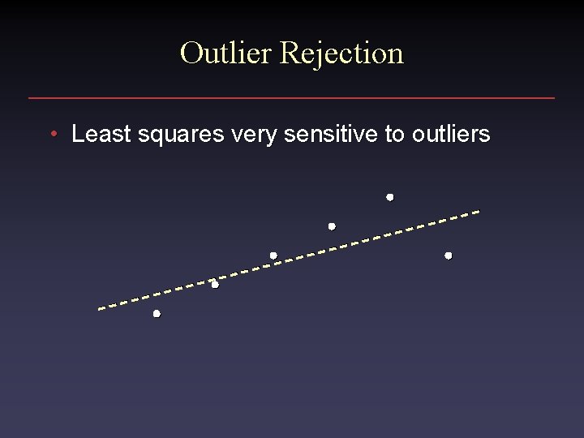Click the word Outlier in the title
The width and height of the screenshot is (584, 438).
pyautogui.click(x=226, y=53)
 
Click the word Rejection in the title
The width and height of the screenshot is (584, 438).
pyautogui.click(x=341, y=53)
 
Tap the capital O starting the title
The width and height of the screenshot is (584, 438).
pyautogui.click(x=191, y=53)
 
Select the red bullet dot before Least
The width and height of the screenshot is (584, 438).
pyautogui.click(x=52, y=134)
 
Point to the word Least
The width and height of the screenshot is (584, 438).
pyautogui.click(x=101, y=134)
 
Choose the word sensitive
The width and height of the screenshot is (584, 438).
pyautogui.click(x=333, y=134)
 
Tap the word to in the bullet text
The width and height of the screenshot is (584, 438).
pyautogui.click(x=395, y=134)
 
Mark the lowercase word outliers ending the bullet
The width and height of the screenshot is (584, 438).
pyautogui.click(x=451, y=134)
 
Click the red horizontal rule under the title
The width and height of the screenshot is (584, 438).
pyautogui.click(x=292, y=98)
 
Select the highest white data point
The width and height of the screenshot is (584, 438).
pyautogui.click(x=390, y=197)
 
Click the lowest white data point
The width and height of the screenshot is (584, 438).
pyautogui.click(x=157, y=313)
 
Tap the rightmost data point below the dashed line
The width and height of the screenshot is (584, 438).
pyautogui.click(x=449, y=255)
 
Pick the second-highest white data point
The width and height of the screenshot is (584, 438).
pyautogui.click(x=332, y=226)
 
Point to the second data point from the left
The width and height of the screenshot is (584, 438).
pyautogui.click(x=215, y=285)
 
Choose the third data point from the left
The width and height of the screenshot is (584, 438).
pyautogui.click(x=273, y=255)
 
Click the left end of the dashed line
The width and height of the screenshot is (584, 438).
pyautogui.click(x=100, y=308)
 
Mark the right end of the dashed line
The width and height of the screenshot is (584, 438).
pyautogui.click(x=478, y=212)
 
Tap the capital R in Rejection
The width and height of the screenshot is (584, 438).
pyautogui.click(x=289, y=53)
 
